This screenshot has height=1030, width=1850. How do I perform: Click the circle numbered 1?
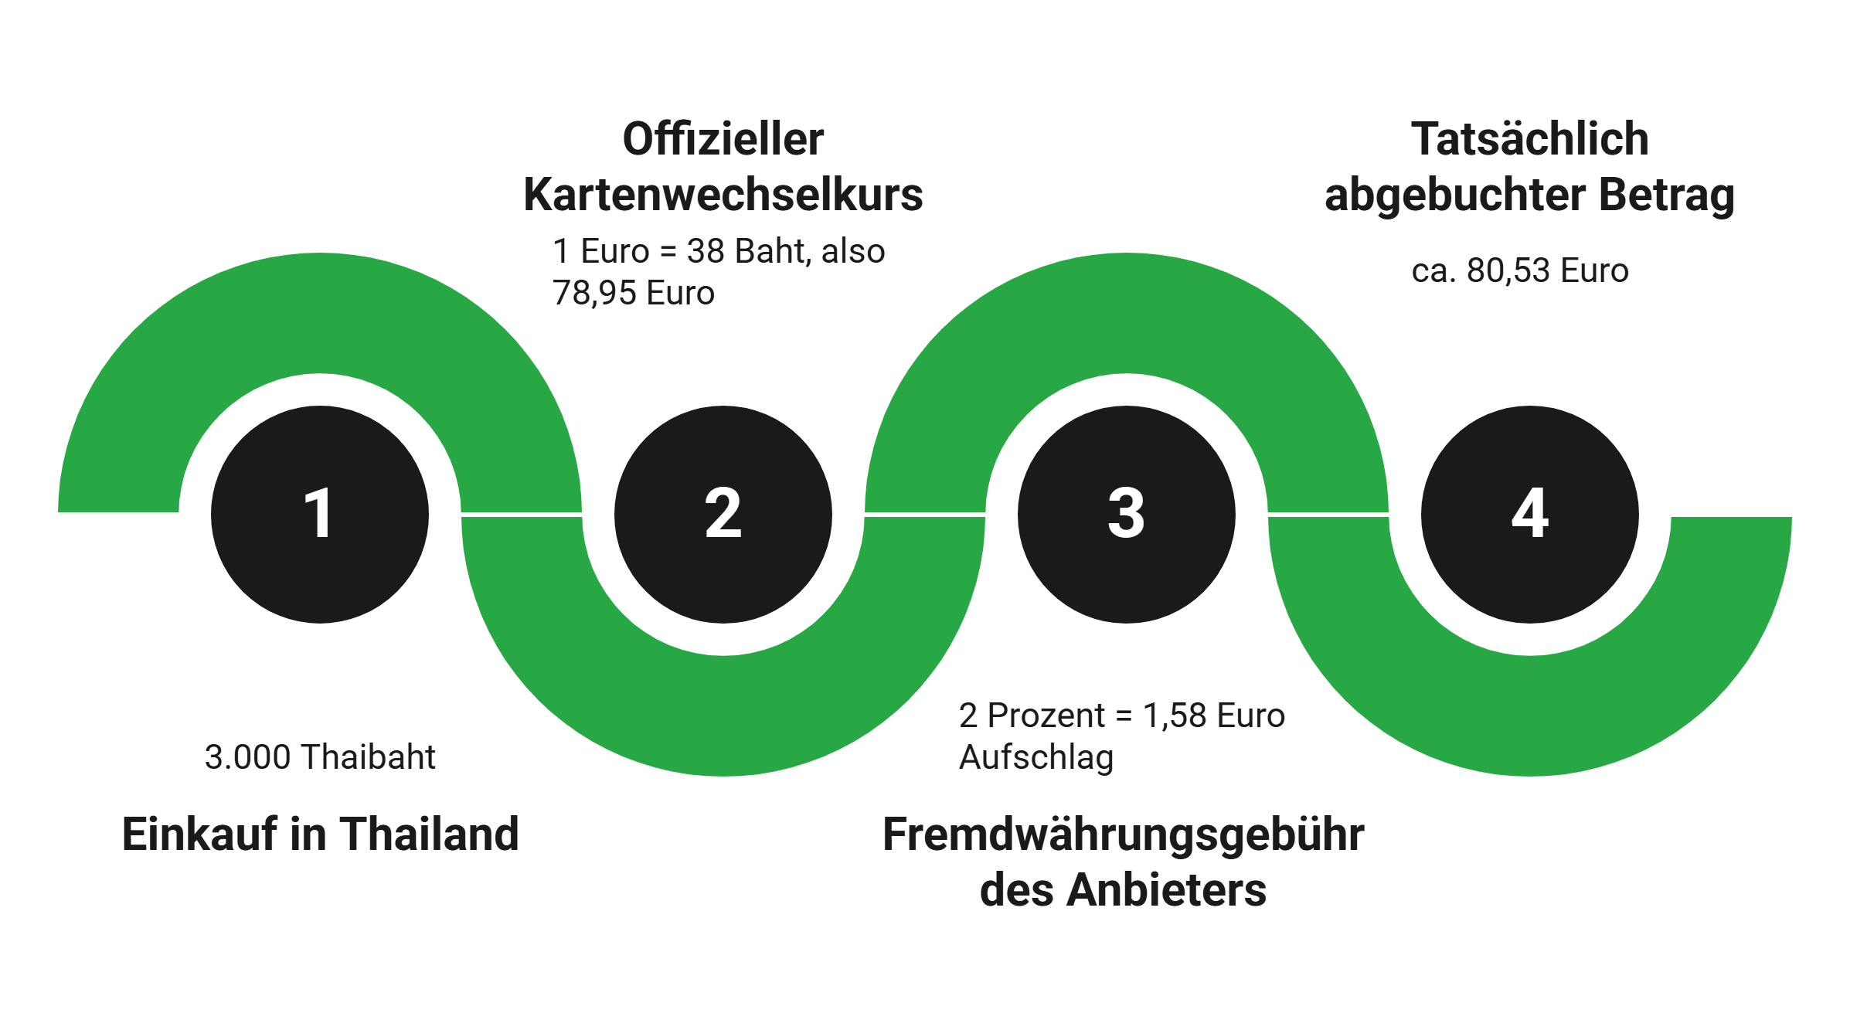point(319,514)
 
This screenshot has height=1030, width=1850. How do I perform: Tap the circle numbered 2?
point(723,514)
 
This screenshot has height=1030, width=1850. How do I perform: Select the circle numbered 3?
point(1126,514)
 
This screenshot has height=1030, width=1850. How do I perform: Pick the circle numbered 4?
point(1529,514)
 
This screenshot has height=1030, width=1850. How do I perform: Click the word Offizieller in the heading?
point(723,140)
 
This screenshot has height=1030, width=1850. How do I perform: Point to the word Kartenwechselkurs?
point(723,195)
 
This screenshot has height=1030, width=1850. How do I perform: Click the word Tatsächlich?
point(1529,140)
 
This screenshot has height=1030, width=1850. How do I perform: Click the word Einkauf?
point(199,835)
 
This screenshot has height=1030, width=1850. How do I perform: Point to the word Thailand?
point(429,835)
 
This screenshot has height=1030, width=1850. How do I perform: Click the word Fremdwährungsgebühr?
point(1123,835)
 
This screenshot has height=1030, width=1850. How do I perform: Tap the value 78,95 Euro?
point(634,294)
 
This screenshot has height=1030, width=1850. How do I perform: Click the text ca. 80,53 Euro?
point(1519,271)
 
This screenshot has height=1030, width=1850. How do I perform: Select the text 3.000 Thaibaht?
point(320,757)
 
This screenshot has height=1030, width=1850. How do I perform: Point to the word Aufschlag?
point(1036,757)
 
